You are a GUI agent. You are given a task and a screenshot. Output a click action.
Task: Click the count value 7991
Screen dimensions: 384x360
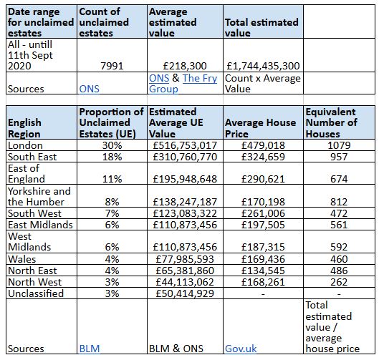pyautogui.click(x=112, y=66)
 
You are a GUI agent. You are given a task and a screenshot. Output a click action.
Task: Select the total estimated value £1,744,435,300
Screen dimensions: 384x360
pyautogui.click(x=263, y=66)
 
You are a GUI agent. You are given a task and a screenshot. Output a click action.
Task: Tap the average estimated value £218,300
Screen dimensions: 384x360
pyautogui.click(x=185, y=66)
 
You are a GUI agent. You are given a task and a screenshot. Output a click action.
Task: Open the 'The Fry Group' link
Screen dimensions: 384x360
pyautogui.click(x=183, y=84)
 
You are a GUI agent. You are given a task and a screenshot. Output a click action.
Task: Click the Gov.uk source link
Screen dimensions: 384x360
pyautogui.click(x=241, y=349)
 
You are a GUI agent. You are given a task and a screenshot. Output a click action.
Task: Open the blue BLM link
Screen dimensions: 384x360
pyautogui.click(x=90, y=349)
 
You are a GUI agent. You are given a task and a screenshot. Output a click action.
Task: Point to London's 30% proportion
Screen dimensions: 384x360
pyautogui.click(x=112, y=145)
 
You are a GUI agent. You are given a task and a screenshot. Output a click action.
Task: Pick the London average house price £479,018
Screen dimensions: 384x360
pyautogui.click(x=263, y=145)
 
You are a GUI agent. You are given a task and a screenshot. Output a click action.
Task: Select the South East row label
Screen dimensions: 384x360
pyautogui.click(x=32, y=157)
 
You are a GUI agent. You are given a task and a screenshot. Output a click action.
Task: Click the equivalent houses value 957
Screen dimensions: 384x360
pyautogui.click(x=339, y=157)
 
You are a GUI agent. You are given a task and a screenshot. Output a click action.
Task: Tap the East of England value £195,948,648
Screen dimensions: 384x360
pyautogui.click(x=185, y=179)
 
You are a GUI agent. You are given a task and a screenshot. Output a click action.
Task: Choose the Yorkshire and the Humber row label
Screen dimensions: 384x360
pyautogui.click(x=39, y=197)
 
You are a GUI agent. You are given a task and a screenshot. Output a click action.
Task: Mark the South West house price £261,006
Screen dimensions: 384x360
pyautogui.click(x=263, y=213)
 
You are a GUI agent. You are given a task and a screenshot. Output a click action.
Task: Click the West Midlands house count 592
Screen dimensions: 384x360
pyautogui.click(x=339, y=247)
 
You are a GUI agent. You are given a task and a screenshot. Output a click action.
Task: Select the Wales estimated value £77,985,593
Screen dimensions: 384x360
pyautogui.click(x=185, y=259)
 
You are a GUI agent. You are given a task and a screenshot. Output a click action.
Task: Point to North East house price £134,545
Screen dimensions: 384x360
pyautogui.click(x=263, y=271)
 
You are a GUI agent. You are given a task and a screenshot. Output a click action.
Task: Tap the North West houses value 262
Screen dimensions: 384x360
pyautogui.click(x=339, y=282)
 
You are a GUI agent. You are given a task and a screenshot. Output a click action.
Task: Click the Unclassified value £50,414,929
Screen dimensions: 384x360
pyautogui.click(x=185, y=293)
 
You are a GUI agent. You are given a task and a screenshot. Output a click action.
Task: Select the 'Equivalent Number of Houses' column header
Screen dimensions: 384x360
pyautogui.click(x=332, y=123)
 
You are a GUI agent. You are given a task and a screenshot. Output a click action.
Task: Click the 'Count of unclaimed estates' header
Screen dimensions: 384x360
pyautogui.click(x=104, y=22)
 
